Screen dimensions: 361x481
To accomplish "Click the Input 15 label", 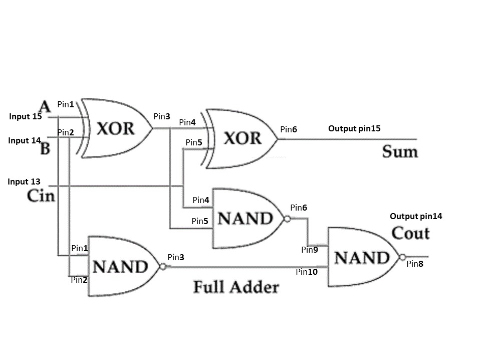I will point(26,116).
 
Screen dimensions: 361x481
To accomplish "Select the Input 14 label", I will point(24,141).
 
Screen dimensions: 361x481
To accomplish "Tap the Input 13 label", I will point(24,182).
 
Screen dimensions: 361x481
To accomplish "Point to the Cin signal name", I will point(41,196).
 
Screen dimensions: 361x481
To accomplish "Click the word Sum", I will point(400,151).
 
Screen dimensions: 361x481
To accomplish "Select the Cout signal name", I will point(410,233).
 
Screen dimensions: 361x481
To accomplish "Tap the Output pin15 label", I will point(354,128).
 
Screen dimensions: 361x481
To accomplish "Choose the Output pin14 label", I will point(416,217).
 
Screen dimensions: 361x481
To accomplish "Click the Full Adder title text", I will point(235,287).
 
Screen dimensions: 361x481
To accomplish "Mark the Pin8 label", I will point(415,264).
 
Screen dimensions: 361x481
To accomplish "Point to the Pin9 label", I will point(310,250).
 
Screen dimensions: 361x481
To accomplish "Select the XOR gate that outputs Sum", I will point(241,137).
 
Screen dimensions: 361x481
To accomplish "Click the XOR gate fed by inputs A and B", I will point(116,128).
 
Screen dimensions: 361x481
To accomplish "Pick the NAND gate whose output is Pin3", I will point(122,266).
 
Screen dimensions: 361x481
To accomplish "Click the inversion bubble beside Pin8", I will point(402,257).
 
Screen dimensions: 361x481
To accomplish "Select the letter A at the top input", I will point(45,107).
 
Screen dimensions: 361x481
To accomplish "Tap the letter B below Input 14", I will point(45,149).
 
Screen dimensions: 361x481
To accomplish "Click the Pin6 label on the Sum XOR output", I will point(289,129).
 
